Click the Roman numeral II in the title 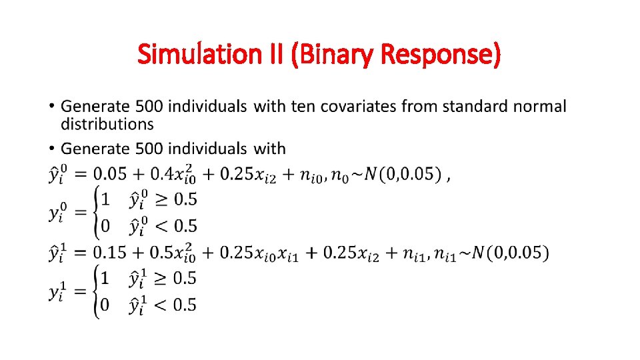(279, 54)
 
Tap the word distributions (107, 124)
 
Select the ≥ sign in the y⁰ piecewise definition (163, 199)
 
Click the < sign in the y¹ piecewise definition (163, 305)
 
